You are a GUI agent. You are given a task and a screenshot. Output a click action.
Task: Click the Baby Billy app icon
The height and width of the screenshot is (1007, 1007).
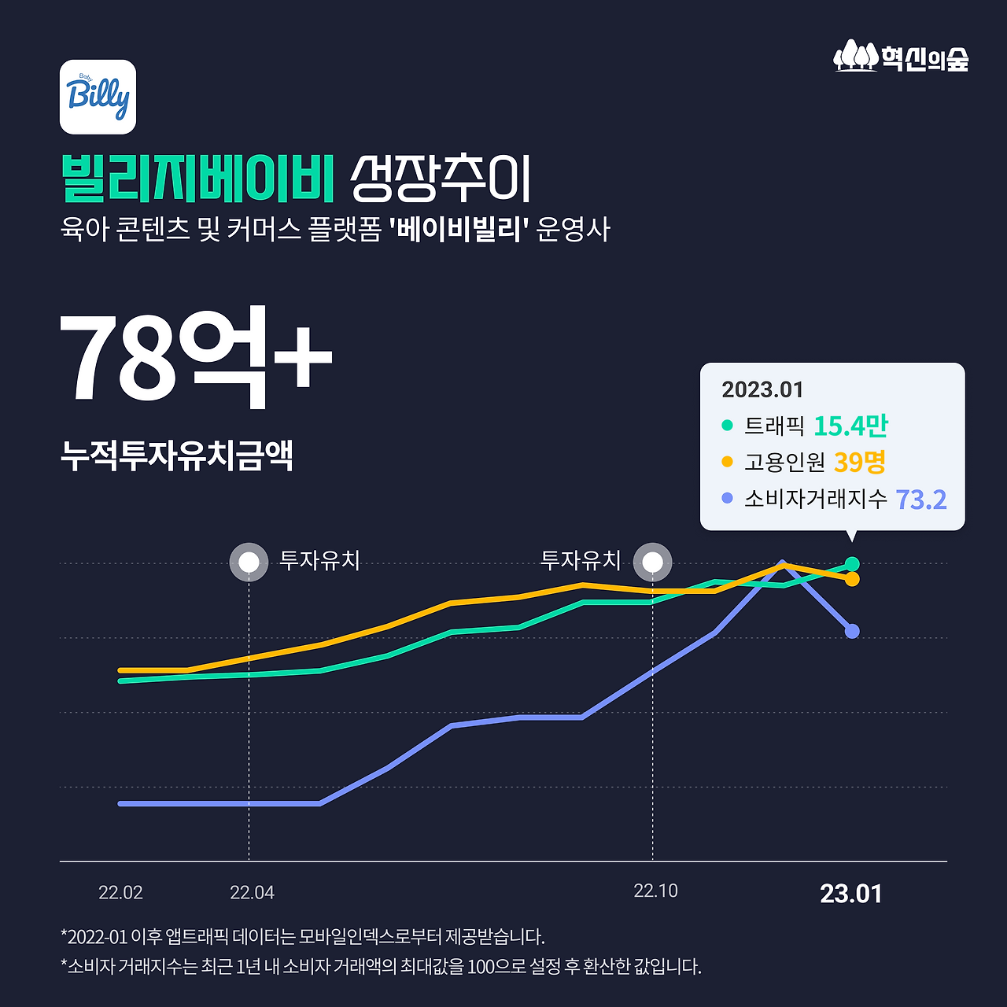[98, 97]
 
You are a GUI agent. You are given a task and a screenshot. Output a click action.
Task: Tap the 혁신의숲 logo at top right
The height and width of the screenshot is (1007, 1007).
[901, 57]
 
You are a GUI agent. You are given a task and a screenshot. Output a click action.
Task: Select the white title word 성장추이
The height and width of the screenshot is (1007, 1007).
[441, 179]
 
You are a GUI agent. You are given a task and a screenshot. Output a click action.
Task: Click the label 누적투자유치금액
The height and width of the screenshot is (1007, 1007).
[177, 456]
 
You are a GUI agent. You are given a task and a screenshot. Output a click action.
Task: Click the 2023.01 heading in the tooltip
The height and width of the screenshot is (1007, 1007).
[762, 389]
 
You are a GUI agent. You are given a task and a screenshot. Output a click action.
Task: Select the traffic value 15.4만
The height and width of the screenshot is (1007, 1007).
[850, 426]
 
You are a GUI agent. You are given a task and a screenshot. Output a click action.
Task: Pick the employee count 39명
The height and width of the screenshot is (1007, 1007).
[860, 462]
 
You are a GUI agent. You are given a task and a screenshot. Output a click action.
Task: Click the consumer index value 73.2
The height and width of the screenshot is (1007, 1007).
[920, 500]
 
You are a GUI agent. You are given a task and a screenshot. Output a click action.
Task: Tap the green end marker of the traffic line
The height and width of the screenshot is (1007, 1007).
[852, 564]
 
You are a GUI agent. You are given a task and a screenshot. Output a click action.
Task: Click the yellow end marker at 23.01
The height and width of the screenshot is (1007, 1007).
[852, 579]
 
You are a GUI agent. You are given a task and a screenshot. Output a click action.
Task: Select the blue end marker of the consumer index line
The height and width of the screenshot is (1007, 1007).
[852, 631]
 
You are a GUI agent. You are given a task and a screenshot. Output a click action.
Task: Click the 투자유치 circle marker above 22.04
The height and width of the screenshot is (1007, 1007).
[249, 563]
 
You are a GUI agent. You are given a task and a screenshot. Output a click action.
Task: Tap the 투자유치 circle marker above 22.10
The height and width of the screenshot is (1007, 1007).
[652, 563]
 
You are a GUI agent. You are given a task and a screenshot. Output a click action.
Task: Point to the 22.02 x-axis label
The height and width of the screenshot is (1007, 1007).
[120, 893]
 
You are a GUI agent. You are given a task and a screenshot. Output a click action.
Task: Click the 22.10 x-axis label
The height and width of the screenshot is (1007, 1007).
[655, 891]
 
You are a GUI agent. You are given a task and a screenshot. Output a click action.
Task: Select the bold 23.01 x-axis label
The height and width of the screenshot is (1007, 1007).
[851, 894]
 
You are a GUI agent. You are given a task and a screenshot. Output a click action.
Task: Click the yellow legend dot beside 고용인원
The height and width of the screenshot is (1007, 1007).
[727, 462]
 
